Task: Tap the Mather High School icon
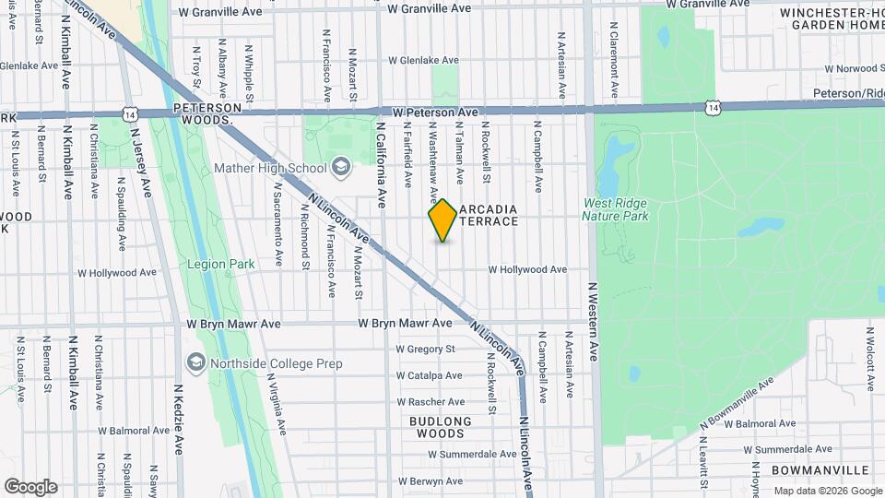click(340, 168)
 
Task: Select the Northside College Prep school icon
click(195, 363)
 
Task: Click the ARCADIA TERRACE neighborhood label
click(488, 215)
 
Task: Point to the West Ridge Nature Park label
click(615, 209)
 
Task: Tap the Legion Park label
click(220, 264)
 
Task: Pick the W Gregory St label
click(426, 350)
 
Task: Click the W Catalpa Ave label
click(429, 376)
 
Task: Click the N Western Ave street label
click(594, 322)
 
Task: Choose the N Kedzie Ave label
click(178, 420)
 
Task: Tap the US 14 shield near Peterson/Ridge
click(711, 109)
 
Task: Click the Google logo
click(30, 486)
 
